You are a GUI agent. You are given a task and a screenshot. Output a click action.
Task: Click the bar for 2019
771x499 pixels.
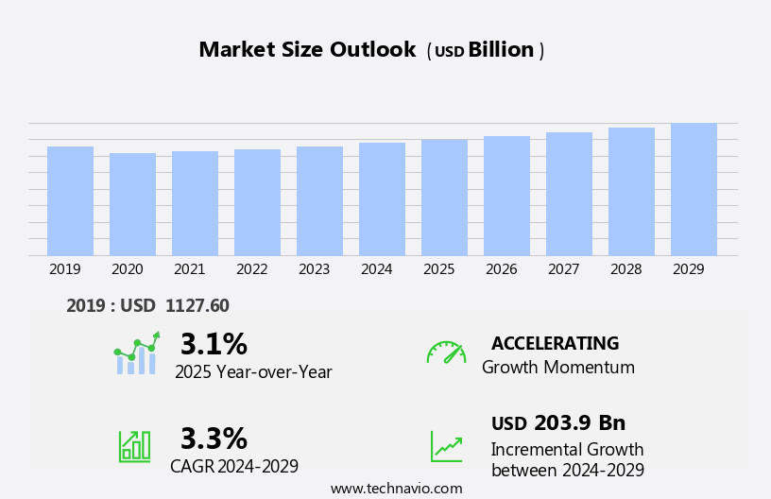click(70, 201)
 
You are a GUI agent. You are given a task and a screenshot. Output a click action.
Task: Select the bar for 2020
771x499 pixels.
click(132, 204)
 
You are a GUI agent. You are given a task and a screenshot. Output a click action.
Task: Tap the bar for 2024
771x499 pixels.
click(382, 199)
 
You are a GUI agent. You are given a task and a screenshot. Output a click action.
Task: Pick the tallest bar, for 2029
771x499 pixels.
click(694, 189)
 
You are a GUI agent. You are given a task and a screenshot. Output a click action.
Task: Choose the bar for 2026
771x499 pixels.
click(506, 196)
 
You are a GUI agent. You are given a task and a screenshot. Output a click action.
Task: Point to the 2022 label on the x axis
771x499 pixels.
click(251, 269)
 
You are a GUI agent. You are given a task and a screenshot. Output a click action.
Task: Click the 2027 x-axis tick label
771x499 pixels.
click(563, 269)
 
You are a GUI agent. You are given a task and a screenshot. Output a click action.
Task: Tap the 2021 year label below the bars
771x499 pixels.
click(189, 269)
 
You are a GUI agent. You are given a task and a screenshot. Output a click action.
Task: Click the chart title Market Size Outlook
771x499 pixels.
click(307, 50)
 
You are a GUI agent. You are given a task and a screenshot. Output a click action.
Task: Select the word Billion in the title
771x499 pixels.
click(501, 50)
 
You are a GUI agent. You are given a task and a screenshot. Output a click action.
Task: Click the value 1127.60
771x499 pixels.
click(197, 306)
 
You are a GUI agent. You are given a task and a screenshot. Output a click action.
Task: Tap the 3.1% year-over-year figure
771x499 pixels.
click(214, 344)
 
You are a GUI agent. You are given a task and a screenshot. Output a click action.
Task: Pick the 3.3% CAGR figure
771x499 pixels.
click(214, 439)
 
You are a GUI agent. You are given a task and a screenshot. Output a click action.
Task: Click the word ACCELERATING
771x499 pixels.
click(555, 344)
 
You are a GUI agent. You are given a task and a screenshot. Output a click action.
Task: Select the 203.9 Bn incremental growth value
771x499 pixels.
click(579, 423)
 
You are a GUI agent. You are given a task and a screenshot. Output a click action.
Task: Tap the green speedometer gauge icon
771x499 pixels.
click(446, 353)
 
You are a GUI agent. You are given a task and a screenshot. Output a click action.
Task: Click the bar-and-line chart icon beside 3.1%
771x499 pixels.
click(136, 353)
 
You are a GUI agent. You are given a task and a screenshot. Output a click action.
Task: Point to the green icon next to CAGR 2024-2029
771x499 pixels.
click(134, 445)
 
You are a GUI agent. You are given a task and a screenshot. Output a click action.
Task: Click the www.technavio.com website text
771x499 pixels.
click(396, 489)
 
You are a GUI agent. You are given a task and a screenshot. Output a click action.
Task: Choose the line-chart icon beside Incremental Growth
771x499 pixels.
click(446, 446)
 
